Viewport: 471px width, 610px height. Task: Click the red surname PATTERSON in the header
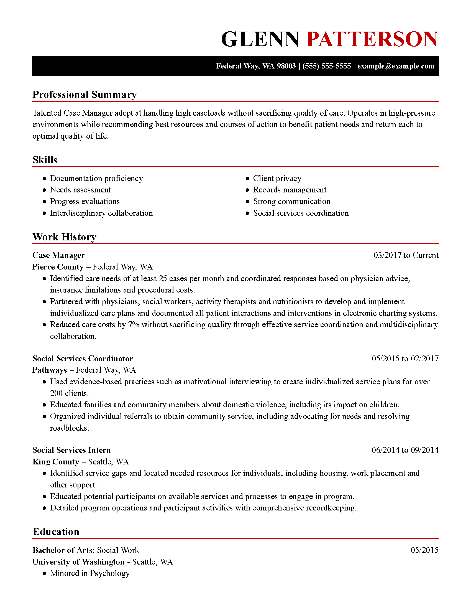pyautogui.click(x=372, y=39)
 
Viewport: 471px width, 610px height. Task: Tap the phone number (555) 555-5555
pyautogui.click(x=326, y=66)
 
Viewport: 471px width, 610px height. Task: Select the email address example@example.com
pyautogui.click(x=396, y=66)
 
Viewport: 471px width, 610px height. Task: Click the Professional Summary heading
pyautogui.click(x=85, y=94)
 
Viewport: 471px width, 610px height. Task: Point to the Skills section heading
pyautogui.click(x=45, y=160)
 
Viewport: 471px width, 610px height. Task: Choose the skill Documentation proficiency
pyautogui.click(x=96, y=178)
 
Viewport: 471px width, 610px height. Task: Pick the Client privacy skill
pyautogui.click(x=277, y=178)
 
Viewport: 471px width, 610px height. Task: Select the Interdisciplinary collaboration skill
pyautogui.click(x=101, y=213)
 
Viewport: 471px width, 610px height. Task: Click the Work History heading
pyautogui.click(x=65, y=237)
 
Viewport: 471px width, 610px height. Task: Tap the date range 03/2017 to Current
pyautogui.click(x=406, y=255)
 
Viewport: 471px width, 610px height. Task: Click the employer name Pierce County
pyautogui.click(x=58, y=267)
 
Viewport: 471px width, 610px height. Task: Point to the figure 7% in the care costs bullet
pyautogui.click(x=134, y=325)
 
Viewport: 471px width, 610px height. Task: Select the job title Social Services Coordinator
pyautogui.click(x=83, y=358)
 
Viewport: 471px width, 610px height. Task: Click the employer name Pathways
pyautogui.click(x=50, y=370)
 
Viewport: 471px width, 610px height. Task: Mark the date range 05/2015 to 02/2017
pyautogui.click(x=405, y=358)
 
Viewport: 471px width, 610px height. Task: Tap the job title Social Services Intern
pyautogui.click(x=71, y=450)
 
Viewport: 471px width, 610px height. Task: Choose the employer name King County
pyautogui.click(x=56, y=462)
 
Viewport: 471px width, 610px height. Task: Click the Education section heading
pyautogui.click(x=56, y=532)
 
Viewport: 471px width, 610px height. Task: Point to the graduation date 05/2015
pyautogui.click(x=424, y=550)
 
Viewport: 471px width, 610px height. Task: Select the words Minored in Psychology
pyautogui.click(x=89, y=573)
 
